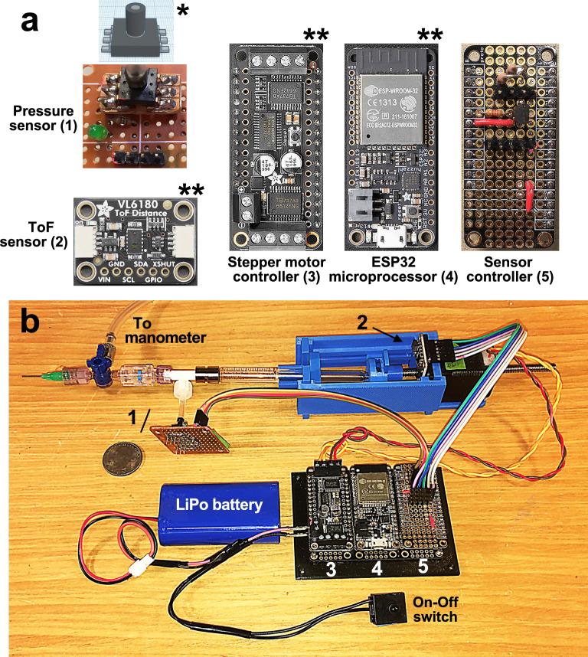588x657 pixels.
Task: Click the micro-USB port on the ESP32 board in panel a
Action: coord(390,233)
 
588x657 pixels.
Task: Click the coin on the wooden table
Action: coord(124,462)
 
